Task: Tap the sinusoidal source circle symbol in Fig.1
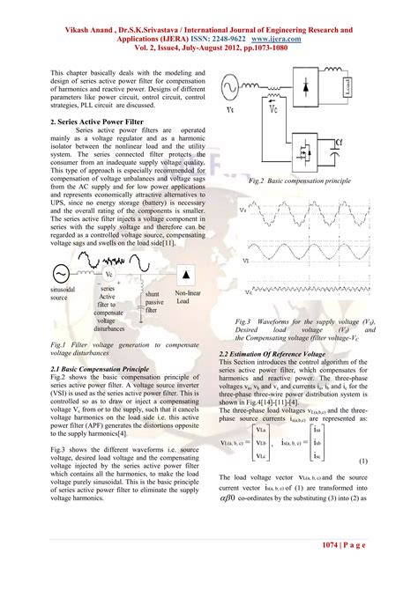coord(63,276)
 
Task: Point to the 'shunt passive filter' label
coord(152,302)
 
